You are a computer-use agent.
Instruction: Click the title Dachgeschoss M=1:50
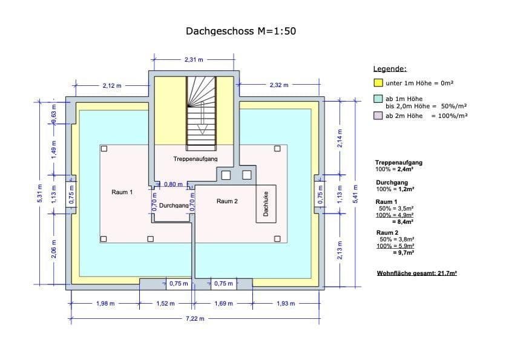pyautogui.click(x=240, y=31)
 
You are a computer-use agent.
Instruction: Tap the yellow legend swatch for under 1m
pyautogui.click(x=378, y=82)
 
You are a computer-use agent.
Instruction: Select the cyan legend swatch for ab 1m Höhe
pyautogui.click(x=378, y=99)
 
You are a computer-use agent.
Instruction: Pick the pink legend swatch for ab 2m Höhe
pyautogui.click(x=378, y=116)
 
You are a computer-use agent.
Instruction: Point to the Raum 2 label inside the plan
pyautogui.click(x=227, y=201)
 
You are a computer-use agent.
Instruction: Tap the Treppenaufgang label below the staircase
pyautogui.click(x=195, y=159)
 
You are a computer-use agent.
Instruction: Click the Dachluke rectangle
pyautogui.click(x=266, y=204)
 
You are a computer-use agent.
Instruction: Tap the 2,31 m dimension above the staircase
pyautogui.click(x=194, y=59)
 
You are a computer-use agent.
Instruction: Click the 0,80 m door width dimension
pyautogui.click(x=174, y=184)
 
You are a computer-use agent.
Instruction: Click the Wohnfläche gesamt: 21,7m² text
pyautogui.click(x=416, y=273)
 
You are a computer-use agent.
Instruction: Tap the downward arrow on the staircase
pyautogui.click(x=203, y=128)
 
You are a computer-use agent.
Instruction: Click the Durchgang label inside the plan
pyautogui.click(x=174, y=206)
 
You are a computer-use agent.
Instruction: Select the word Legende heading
pyautogui.click(x=390, y=69)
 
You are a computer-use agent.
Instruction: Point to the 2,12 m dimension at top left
pyautogui.click(x=112, y=86)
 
